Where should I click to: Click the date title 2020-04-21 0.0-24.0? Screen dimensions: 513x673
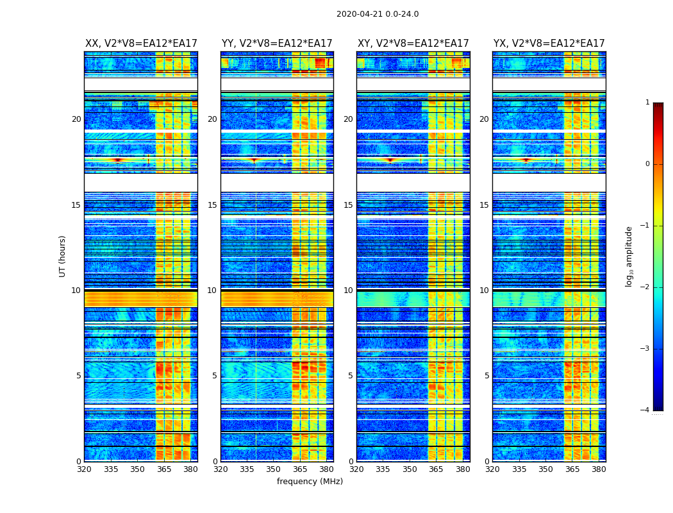point(378,14)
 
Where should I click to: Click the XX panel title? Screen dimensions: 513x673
point(141,44)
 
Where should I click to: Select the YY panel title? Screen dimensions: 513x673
point(277,44)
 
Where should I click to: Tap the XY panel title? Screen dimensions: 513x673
point(413,44)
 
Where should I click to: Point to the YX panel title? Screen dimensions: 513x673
point(549,44)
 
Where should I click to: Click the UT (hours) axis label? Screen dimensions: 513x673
point(62,256)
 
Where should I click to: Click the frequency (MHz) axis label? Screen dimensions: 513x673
point(310,482)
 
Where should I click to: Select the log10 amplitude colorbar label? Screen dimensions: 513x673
point(629,256)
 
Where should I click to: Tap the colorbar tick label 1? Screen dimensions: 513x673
point(647,103)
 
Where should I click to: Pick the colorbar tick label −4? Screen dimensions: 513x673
point(645,410)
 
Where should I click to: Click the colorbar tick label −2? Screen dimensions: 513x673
point(645,287)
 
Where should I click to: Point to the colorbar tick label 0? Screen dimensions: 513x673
point(647,164)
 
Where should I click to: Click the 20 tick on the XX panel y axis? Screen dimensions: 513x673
point(76,119)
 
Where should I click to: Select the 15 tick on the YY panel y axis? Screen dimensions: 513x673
point(213,205)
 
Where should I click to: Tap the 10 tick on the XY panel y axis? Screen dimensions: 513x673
point(349,290)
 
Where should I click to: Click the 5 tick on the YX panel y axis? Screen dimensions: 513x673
point(487,376)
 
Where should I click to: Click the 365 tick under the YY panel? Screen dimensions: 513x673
point(300,469)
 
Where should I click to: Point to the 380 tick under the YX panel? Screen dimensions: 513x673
point(599,469)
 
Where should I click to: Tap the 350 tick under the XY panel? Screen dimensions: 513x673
point(410,469)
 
